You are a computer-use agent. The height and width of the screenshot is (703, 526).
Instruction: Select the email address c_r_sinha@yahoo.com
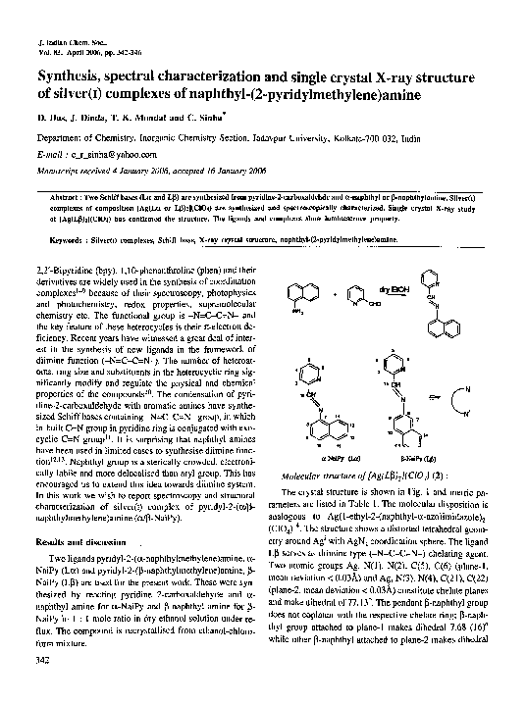(102, 155)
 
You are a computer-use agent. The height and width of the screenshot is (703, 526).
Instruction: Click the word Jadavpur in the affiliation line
(287, 138)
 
